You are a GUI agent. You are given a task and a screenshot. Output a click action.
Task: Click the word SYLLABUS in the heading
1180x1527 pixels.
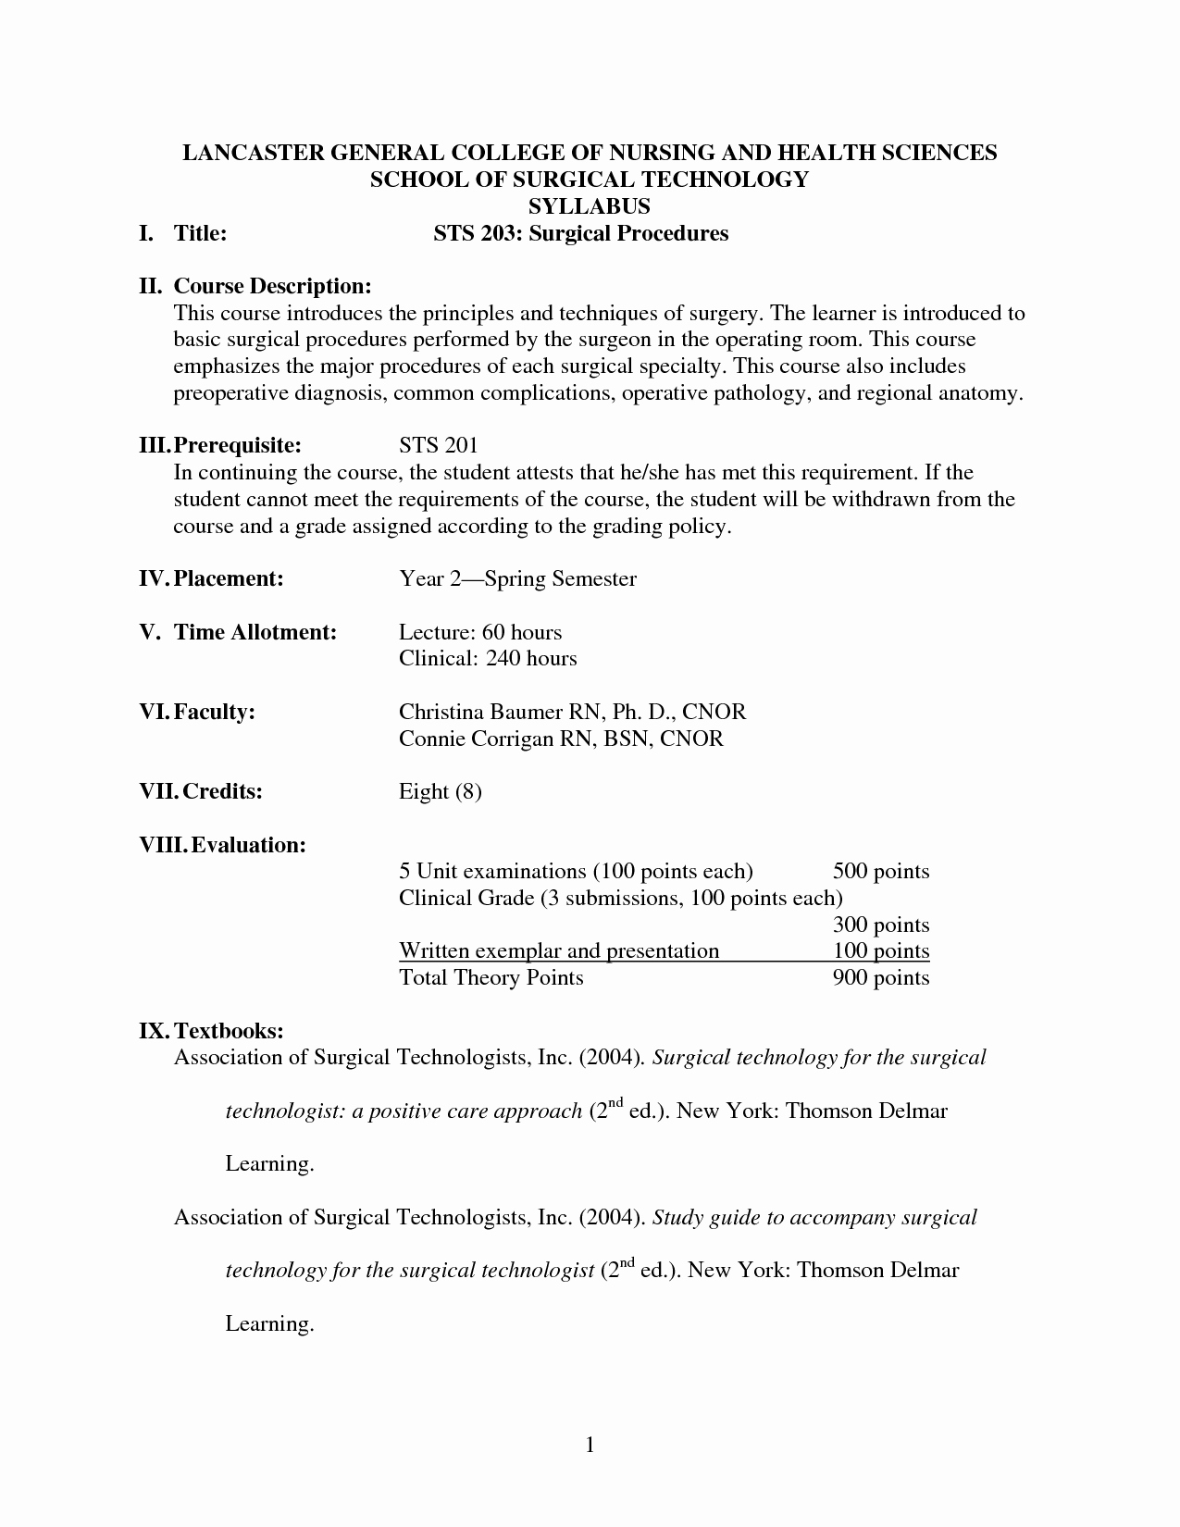click(x=590, y=206)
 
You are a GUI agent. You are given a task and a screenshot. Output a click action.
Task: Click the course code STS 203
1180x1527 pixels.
click(x=468, y=233)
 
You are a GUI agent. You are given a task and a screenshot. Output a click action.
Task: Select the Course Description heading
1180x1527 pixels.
click(x=272, y=286)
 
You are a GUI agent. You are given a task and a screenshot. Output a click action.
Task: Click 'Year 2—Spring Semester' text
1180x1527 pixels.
click(x=517, y=578)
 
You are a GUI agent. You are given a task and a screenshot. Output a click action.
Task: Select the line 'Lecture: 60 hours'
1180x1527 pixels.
click(x=480, y=632)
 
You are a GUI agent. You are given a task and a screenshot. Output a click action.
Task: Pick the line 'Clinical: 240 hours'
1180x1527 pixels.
click(x=488, y=658)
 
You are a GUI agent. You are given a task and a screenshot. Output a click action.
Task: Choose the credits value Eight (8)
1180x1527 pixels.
click(x=440, y=791)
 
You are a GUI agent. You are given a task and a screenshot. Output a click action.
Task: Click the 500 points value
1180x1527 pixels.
click(x=880, y=871)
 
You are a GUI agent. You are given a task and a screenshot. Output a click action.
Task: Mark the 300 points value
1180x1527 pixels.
click(x=880, y=925)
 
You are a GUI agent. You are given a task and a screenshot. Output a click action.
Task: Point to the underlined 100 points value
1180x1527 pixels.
click(x=880, y=950)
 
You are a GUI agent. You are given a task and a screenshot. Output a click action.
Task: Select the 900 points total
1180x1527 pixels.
click(x=880, y=977)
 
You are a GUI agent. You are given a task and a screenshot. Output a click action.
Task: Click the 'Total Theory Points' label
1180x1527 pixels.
click(x=491, y=977)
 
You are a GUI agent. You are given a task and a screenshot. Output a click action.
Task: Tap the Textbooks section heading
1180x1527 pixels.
click(x=228, y=1030)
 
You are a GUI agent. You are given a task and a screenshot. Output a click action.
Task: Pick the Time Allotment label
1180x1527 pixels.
click(x=255, y=632)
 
